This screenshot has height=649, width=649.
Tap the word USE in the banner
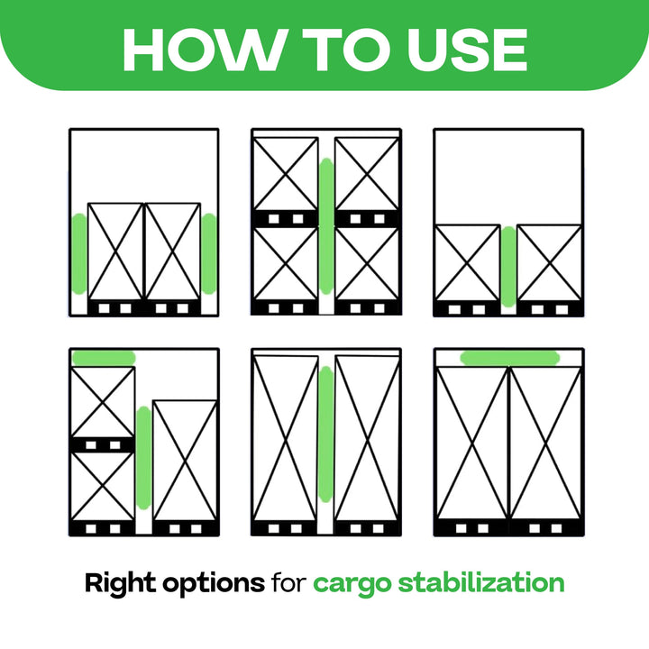467,50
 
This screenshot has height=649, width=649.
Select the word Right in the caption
120,584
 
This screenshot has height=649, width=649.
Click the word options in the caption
213,584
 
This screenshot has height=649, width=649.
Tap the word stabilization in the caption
481,583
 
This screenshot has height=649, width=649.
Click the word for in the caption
289,583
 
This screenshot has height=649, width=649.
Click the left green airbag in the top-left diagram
79,254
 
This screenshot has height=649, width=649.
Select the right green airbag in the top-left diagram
209,254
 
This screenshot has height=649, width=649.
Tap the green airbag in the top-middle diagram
326,226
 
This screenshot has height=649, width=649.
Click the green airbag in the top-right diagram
508,267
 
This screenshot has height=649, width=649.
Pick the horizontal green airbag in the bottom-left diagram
104,358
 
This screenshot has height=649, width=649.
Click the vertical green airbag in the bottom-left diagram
143,458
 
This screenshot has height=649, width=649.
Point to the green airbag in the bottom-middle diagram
326,434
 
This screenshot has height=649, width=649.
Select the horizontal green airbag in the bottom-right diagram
510,358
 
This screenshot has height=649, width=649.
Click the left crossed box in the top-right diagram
467,263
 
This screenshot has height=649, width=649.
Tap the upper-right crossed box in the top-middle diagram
367,174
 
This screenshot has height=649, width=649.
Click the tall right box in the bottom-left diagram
185,461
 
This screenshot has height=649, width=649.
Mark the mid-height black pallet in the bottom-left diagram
103,445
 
